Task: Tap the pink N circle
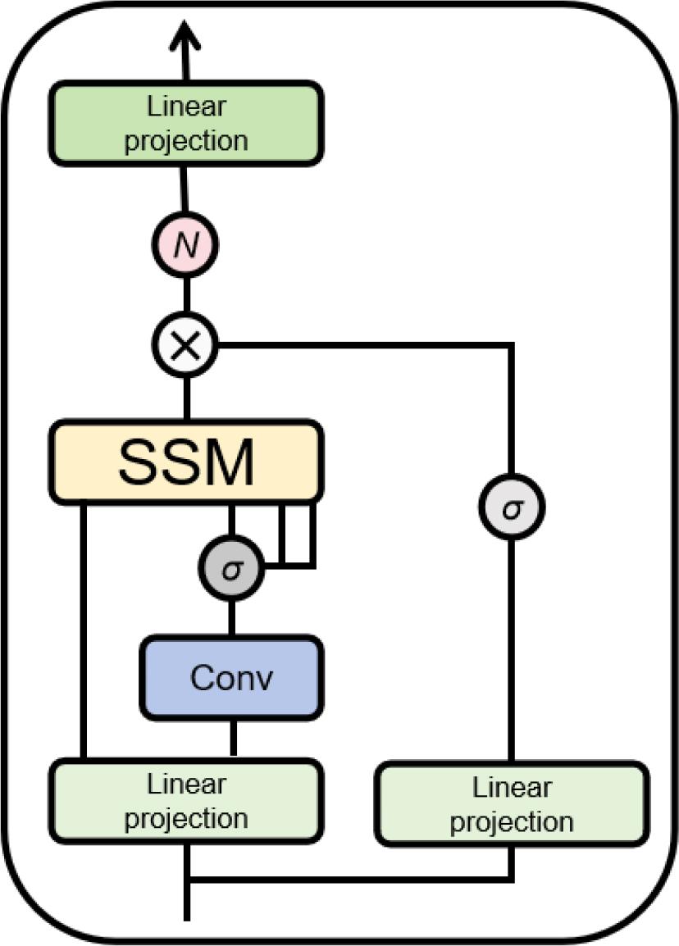[x=186, y=246]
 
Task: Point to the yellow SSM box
[x=185, y=462]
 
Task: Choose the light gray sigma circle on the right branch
[x=512, y=508]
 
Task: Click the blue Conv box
[x=232, y=677]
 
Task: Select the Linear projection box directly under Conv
[x=185, y=801]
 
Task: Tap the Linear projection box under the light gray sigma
[x=512, y=804]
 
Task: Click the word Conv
[x=232, y=678]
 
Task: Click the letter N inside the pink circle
[x=186, y=246]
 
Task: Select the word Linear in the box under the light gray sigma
[x=512, y=788]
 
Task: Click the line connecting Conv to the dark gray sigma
[x=232, y=618]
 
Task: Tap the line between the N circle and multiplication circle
[x=186, y=296]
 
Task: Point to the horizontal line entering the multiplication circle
[x=361, y=346]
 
